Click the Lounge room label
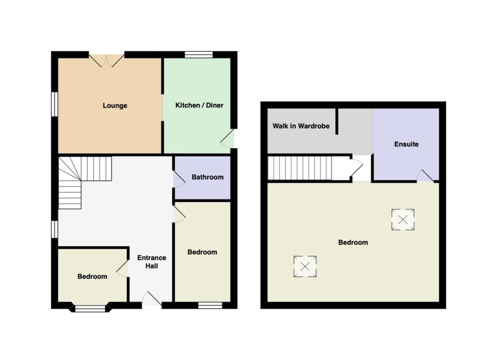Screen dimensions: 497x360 point(115,105)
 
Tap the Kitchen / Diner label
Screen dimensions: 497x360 point(199,105)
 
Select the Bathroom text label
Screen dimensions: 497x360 point(208,177)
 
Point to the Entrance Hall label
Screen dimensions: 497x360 point(151,262)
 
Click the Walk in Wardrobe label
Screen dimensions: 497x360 point(301,126)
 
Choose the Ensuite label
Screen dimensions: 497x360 point(406,144)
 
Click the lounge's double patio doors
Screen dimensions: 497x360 point(106,61)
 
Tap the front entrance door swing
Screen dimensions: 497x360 point(151,299)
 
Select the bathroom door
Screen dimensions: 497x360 point(179,179)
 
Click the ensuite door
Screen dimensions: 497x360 point(425,176)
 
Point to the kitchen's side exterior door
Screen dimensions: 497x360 point(228,138)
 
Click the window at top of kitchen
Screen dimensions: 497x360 point(199,54)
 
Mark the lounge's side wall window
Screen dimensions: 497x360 point(54,104)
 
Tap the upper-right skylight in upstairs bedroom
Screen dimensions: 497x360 point(403,220)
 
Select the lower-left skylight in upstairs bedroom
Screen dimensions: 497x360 point(305,266)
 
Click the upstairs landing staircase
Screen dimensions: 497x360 point(300,168)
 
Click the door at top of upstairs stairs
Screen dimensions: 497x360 point(356,168)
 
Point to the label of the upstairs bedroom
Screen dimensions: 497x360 point(353,242)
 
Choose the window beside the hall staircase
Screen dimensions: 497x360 point(54,229)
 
